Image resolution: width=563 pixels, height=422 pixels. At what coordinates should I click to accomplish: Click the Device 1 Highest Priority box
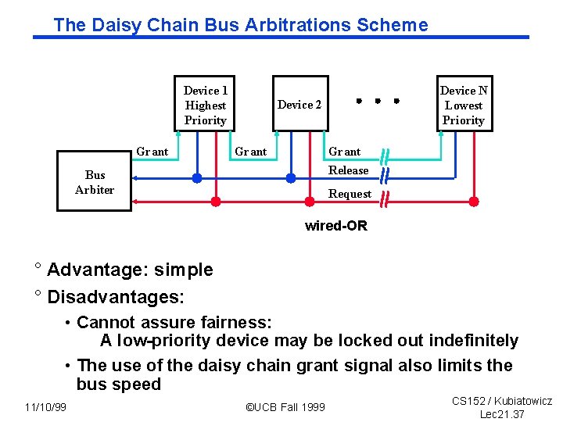206,105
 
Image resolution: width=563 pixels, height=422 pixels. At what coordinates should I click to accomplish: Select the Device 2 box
299,105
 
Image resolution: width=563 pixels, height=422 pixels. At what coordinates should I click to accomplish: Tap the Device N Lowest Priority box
464,105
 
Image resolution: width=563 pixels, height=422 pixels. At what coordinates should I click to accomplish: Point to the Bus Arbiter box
95,182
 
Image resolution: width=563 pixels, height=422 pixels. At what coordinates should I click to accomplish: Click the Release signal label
348,170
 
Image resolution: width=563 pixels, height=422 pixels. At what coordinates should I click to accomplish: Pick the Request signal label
350,194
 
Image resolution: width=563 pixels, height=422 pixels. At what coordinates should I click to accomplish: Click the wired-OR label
335,226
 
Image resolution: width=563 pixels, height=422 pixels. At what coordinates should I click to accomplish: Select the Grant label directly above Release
345,152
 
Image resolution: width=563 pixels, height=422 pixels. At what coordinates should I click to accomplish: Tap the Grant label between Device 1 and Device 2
251,152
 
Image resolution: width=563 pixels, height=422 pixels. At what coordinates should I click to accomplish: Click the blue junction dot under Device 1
197,178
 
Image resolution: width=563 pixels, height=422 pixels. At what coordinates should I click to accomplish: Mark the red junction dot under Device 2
310,201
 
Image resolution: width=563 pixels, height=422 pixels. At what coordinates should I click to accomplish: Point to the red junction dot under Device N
473,201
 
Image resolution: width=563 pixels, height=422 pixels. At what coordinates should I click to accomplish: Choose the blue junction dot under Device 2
291,178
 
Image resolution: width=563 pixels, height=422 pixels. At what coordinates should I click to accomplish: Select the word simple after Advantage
184,270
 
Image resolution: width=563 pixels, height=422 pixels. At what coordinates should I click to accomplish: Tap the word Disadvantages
116,297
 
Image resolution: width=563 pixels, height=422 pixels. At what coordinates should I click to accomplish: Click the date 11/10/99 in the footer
45,407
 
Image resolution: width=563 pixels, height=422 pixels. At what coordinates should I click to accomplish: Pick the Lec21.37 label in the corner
502,414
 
